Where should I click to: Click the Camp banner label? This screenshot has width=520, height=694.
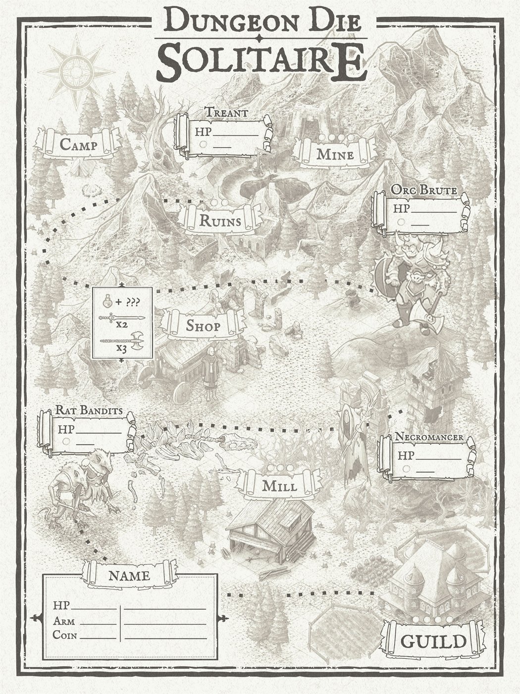78,145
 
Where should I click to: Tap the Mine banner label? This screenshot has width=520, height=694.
335,154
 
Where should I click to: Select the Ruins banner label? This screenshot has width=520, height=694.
220,221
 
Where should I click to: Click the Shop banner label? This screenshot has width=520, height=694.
203,326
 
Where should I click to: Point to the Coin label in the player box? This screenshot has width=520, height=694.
64,635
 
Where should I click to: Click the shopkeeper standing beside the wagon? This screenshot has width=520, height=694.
210,374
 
